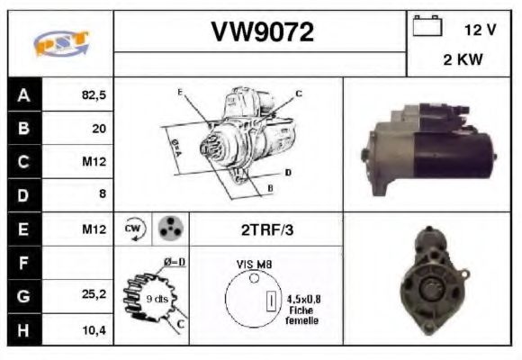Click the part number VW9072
[262, 32]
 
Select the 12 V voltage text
[480, 30]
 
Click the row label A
[24, 94]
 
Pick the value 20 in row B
[98, 129]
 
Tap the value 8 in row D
[102, 195]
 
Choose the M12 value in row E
[94, 229]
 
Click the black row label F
[24, 263]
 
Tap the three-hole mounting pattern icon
[167, 229]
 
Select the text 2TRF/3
[265, 229]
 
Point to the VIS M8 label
[254, 265]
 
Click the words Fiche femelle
[301, 316]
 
